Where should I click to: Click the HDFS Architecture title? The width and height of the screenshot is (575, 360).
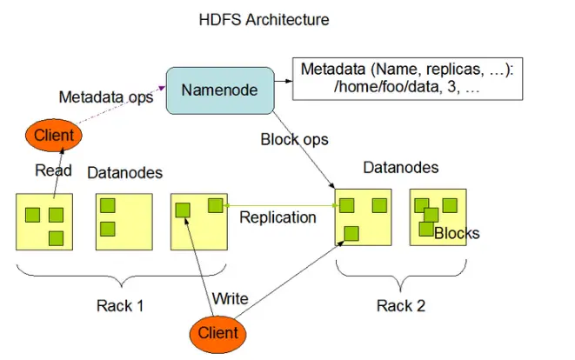pyautogui.click(x=264, y=18)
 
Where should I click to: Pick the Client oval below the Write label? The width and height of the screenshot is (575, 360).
pyautogui.click(x=217, y=332)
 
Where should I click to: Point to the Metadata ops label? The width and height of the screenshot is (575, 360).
pyautogui.click(x=106, y=97)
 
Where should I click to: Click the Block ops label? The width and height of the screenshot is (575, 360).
pyautogui.click(x=295, y=140)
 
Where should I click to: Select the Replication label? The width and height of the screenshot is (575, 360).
pyautogui.click(x=277, y=217)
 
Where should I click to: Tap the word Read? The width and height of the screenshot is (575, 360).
pyautogui.click(x=53, y=171)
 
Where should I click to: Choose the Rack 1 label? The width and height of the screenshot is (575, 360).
pyautogui.click(x=120, y=305)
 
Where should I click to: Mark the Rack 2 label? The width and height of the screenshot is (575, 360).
pyautogui.click(x=401, y=305)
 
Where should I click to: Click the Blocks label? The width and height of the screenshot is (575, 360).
pyautogui.click(x=457, y=233)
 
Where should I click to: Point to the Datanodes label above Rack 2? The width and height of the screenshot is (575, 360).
pyautogui.click(x=400, y=168)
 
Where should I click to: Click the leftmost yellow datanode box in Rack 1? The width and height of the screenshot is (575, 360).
pyautogui.click(x=44, y=222)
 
